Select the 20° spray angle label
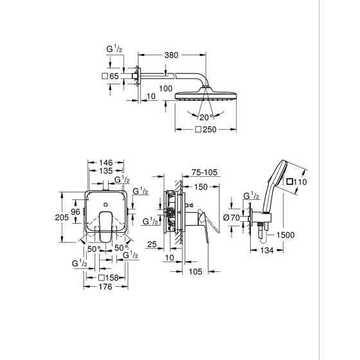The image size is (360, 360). [x=205, y=118]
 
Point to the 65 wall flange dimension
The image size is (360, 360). [x=114, y=76]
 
